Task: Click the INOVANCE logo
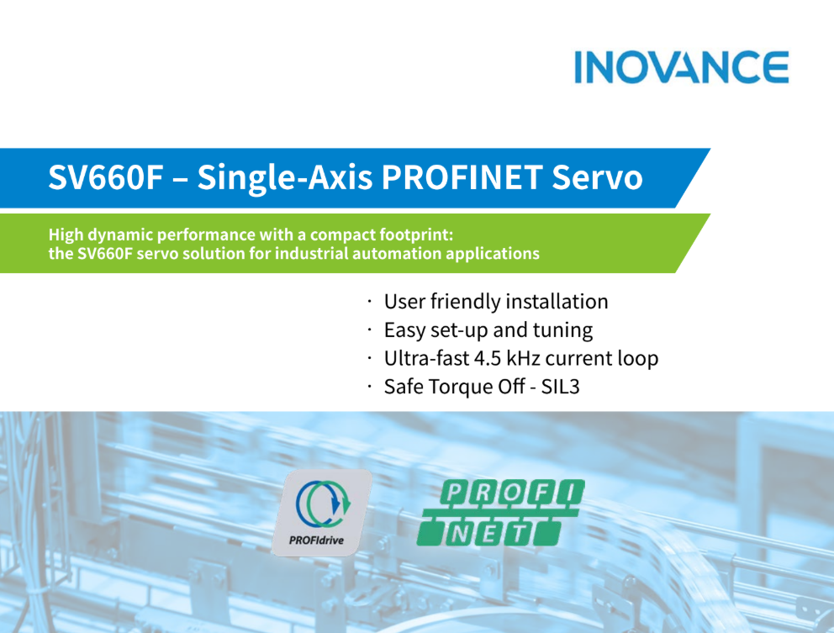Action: tap(681, 67)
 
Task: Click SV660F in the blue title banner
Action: tap(105, 177)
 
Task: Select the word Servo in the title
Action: tap(597, 177)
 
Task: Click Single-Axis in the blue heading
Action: tap(284, 177)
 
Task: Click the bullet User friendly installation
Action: tap(496, 302)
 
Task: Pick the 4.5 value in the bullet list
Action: tap(487, 358)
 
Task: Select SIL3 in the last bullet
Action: tap(560, 386)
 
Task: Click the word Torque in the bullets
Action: tap(460, 387)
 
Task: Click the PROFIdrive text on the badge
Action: tap(316, 541)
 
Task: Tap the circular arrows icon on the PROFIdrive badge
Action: tap(323, 504)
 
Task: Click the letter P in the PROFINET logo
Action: tap(454, 492)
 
